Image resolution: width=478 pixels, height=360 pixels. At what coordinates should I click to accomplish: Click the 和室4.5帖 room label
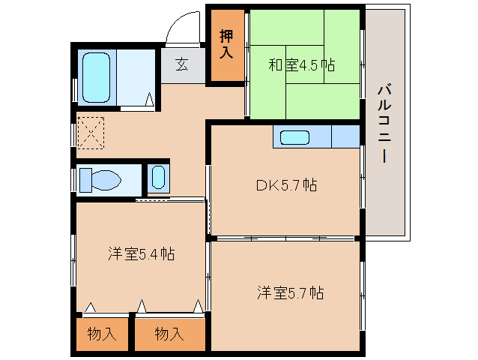coord(302,64)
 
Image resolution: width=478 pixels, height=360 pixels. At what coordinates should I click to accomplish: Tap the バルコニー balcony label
coord(383,124)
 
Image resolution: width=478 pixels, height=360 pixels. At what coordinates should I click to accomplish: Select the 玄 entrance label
coord(182,64)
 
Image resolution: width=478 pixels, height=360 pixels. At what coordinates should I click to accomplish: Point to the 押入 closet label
coord(226,44)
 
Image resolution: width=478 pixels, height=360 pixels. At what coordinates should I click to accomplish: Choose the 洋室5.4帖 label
coord(140,254)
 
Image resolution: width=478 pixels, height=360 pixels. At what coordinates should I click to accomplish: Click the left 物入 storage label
coord(101,334)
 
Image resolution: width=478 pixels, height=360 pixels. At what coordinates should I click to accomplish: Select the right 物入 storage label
coord(169,334)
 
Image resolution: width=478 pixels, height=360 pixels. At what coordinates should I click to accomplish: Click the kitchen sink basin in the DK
coord(294,137)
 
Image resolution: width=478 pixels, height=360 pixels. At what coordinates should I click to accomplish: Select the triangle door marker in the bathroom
coord(150,100)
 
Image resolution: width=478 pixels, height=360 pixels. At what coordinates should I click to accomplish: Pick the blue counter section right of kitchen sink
coord(345,137)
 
